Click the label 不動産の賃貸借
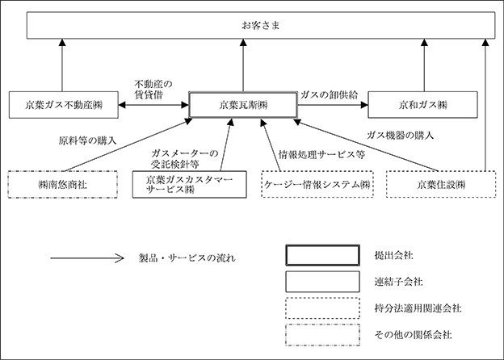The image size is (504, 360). coord(153,90)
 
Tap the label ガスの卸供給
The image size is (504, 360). coord(329,94)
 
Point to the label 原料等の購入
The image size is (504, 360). coord(87,140)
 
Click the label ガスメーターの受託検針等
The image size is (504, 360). coord(184,159)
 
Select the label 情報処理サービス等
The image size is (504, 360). coord(321,155)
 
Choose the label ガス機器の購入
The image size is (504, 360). coord(400,135)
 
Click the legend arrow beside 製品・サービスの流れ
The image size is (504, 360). coord(87,257)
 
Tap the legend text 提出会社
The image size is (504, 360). coord(394,256)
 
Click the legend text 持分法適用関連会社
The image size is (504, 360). coord(418,308)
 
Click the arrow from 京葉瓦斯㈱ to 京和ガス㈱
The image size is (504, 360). coord(333,105)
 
